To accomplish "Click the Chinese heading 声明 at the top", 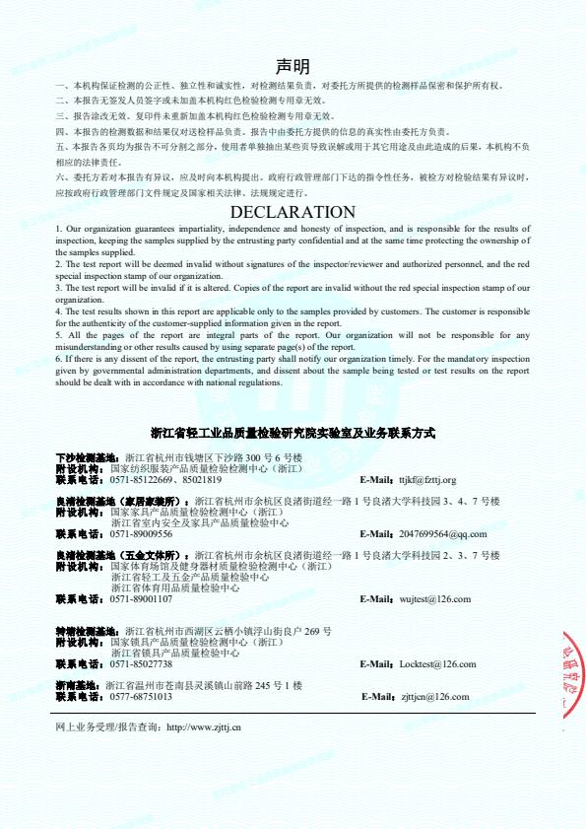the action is [293, 67].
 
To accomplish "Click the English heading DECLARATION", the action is [293, 212].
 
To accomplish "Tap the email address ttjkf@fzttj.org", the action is [426, 480].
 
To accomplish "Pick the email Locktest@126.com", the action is [436, 664].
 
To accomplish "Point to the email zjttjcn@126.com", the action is [434, 697].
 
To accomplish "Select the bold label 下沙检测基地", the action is [89, 459].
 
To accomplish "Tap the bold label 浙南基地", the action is [78, 685].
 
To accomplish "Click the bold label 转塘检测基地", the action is [89, 631].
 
